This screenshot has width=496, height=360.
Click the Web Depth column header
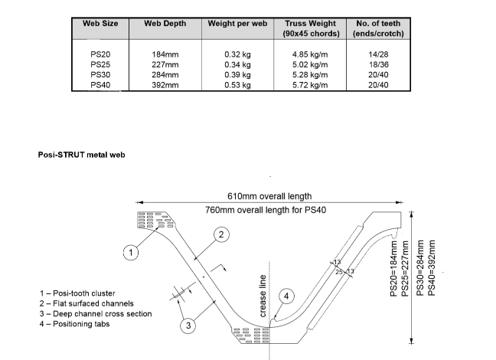tap(165, 24)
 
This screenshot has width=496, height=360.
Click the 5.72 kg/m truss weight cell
tap(310, 85)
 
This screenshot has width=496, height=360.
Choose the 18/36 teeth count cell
tap(378, 65)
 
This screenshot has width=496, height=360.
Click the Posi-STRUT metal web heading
tap(81, 155)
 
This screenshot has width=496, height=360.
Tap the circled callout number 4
tap(286, 295)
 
